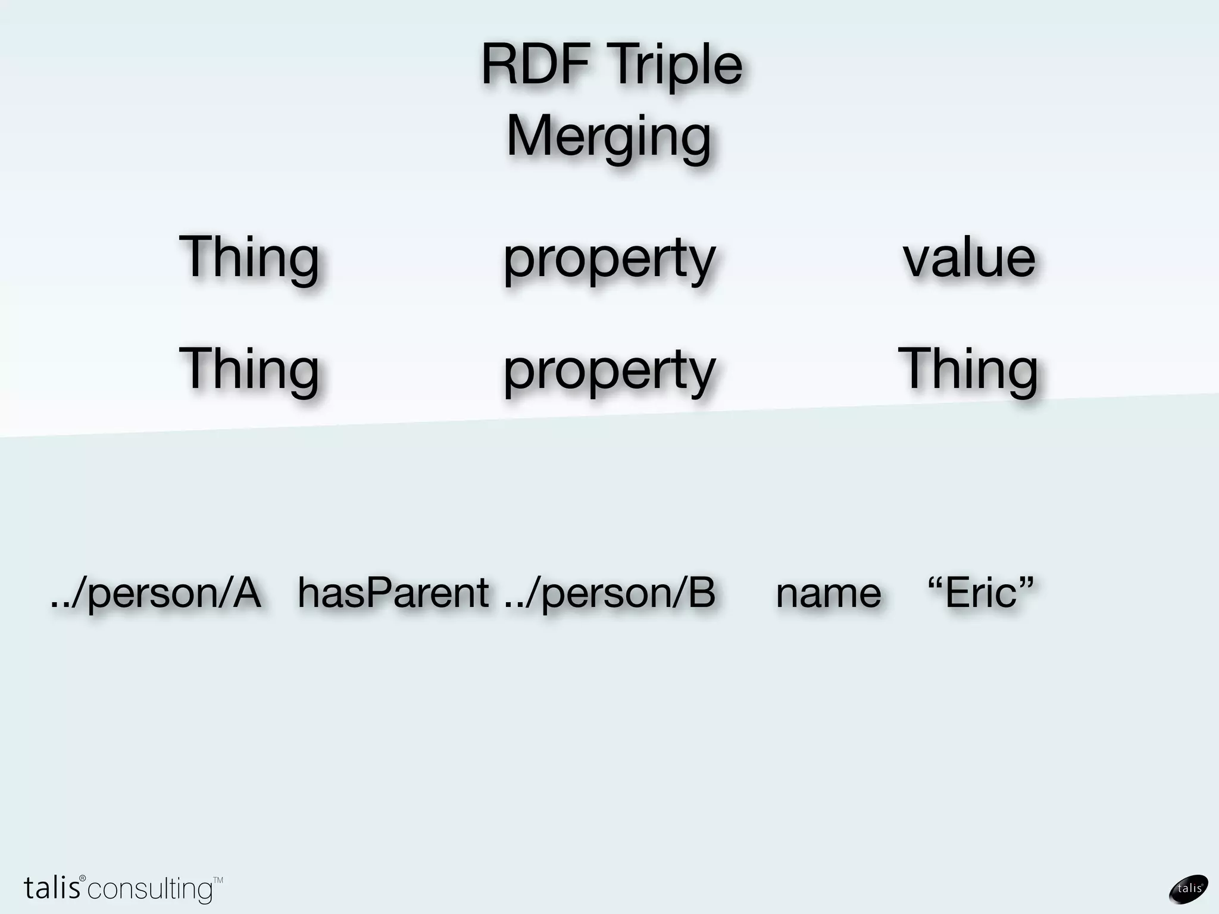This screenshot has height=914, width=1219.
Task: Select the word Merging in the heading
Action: point(608,137)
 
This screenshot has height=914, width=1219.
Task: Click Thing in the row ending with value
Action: point(249,257)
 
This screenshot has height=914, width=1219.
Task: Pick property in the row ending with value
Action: point(608,259)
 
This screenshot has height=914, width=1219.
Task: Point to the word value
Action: point(969,258)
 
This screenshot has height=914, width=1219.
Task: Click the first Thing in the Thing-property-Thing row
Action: point(249,369)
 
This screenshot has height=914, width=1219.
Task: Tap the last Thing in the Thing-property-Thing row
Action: point(968,369)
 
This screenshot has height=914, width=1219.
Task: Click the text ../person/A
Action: point(156,593)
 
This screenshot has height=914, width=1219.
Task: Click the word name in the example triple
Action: point(828,594)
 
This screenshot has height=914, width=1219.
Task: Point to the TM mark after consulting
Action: point(218,879)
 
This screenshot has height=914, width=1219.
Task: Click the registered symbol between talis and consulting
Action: point(83,879)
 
